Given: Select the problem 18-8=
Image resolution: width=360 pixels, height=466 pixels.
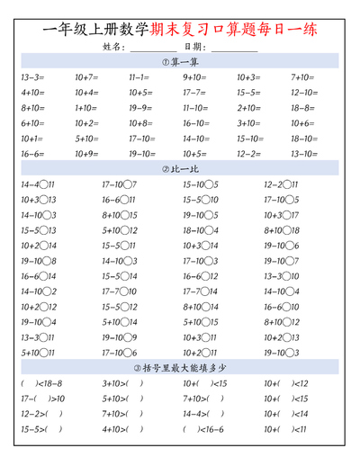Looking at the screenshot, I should coord(302,108).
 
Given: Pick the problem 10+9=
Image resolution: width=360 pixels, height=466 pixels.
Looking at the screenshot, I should coord(86,154).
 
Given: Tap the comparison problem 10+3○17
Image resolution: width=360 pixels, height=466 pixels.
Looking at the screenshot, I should coord(281,215).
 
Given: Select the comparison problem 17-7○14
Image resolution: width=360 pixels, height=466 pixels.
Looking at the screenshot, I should coord(200,291).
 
